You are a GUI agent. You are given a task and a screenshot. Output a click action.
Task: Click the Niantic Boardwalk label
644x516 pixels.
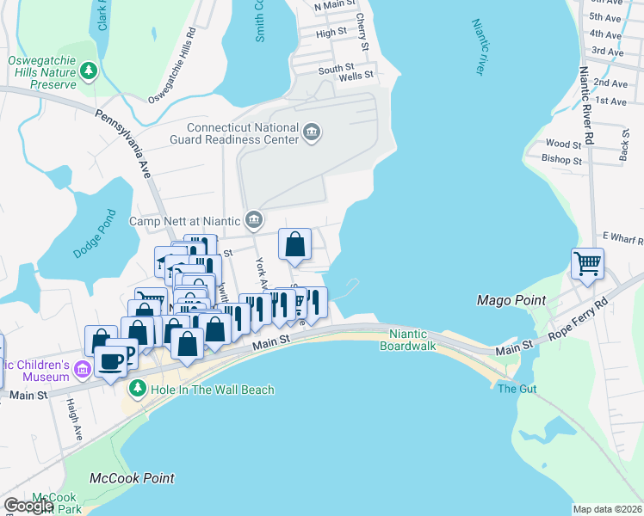point(408,340)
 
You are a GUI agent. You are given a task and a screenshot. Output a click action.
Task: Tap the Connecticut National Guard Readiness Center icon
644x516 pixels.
point(313,132)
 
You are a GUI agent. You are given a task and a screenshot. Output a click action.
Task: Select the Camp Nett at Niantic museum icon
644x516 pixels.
point(254,220)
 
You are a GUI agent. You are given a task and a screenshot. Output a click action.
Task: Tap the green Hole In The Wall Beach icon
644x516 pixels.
point(136,390)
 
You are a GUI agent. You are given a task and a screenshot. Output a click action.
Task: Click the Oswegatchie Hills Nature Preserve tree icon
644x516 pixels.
point(88,71)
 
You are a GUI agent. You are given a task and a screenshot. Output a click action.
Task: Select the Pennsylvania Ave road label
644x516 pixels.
point(123,143)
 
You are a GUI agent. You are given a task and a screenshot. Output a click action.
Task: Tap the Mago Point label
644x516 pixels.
point(511,300)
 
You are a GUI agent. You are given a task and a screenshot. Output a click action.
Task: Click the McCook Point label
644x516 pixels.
point(132,478)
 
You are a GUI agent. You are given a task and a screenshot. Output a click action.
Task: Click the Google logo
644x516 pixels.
point(28,506)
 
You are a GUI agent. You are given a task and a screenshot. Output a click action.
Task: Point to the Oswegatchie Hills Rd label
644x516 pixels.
point(165,64)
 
